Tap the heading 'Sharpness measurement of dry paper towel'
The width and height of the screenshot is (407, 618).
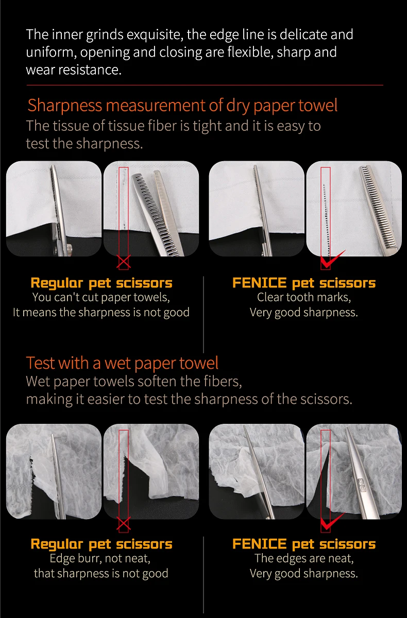point(182,106)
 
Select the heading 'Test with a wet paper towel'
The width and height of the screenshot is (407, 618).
point(122,363)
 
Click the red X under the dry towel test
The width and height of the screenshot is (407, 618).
point(123,262)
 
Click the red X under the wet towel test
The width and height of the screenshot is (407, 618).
point(123,524)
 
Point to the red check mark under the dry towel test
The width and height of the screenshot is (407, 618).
point(332,259)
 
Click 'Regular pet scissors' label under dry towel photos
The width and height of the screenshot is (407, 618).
point(101,283)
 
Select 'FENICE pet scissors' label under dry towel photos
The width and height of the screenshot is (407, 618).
point(304,283)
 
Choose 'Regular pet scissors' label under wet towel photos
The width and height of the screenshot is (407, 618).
point(101,544)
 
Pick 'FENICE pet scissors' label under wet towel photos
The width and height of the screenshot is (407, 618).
point(304,544)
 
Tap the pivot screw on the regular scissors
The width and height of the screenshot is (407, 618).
point(69,250)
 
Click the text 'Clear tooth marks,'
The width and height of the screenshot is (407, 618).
point(304,298)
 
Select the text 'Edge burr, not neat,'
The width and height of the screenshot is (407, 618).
point(100,559)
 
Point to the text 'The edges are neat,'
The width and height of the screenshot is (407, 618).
point(304,558)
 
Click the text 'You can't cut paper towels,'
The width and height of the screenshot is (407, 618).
point(101,298)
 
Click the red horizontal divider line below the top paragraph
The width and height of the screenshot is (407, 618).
point(205,85)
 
